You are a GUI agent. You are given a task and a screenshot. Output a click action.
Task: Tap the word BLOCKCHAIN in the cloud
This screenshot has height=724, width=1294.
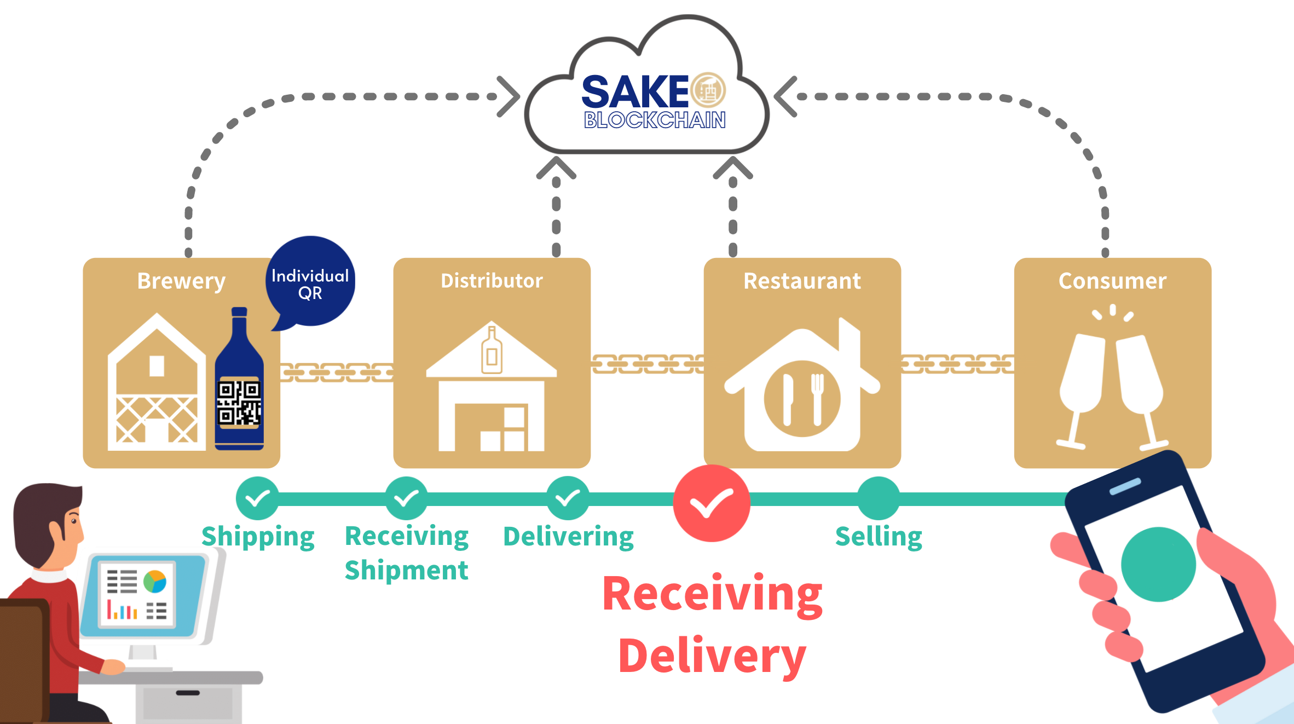pyautogui.click(x=655, y=120)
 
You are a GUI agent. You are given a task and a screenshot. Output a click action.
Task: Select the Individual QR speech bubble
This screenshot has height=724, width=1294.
pyautogui.click(x=310, y=283)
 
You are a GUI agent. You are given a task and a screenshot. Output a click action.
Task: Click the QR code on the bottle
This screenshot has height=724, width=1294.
pyautogui.click(x=239, y=403)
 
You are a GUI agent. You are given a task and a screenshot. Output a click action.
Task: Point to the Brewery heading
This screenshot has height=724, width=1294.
pyautogui.click(x=181, y=281)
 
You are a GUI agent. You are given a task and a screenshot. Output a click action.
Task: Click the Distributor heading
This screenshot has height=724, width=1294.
pyautogui.click(x=492, y=281)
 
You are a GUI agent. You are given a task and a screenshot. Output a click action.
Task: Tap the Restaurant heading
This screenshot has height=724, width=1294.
pyautogui.click(x=802, y=281)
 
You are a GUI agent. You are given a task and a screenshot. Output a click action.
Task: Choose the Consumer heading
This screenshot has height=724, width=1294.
pyautogui.click(x=1112, y=281)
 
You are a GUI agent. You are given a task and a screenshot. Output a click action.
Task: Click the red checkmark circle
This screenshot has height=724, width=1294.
pyautogui.click(x=711, y=503)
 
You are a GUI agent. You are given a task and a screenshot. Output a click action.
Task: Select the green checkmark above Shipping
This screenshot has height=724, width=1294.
pyautogui.click(x=257, y=498)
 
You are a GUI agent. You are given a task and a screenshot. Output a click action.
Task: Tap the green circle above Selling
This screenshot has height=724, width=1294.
pyautogui.click(x=878, y=498)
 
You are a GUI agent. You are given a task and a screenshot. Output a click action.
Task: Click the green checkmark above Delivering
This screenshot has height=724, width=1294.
pyautogui.click(x=568, y=498)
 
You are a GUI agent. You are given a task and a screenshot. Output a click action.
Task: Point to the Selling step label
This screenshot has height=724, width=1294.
pyautogui.click(x=879, y=537)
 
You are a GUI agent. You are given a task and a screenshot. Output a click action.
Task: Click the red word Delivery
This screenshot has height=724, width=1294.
pyautogui.click(x=712, y=656)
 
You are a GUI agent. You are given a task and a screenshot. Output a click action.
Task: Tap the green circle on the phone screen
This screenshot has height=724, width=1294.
pyautogui.click(x=1158, y=564)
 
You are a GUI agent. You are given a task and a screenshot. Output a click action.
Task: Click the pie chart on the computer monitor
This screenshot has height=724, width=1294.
pyautogui.click(x=155, y=582)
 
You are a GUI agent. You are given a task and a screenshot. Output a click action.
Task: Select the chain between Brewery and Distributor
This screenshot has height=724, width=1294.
pyautogui.click(x=337, y=372)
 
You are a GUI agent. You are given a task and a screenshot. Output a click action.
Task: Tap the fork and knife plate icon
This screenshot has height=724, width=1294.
pyautogui.click(x=802, y=399)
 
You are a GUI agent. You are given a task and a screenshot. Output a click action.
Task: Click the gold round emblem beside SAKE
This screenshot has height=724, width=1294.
pyautogui.click(x=708, y=90)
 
